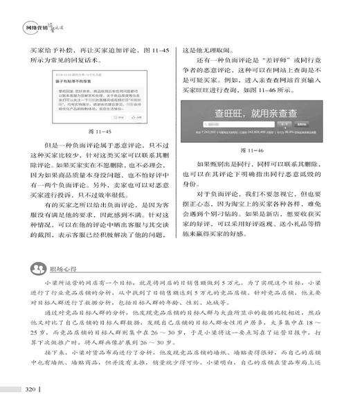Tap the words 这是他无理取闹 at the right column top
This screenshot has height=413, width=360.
click(206, 51)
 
